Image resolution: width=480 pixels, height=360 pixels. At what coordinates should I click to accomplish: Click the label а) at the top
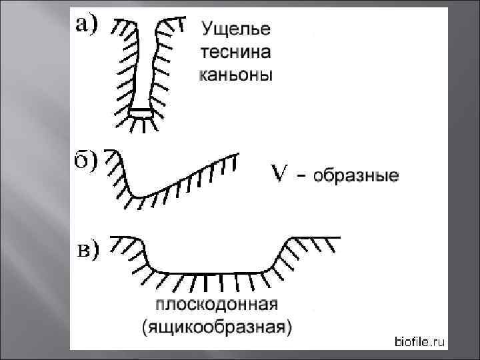pyautogui.click(x=86, y=25)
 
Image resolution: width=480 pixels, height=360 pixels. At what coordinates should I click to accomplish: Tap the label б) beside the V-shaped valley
pyautogui.click(x=85, y=161)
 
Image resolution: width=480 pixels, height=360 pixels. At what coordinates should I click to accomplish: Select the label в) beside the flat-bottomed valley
pyautogui.click(x=86, y=250)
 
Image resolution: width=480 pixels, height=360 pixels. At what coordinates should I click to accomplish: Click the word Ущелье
pyautogui.click(x=235, y=30)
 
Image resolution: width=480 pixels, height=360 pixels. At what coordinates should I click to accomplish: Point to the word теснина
pyautogui.click(x=235, y=53)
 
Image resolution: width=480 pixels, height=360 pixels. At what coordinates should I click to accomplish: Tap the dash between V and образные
pyautogui.click(x=301, y=177)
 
